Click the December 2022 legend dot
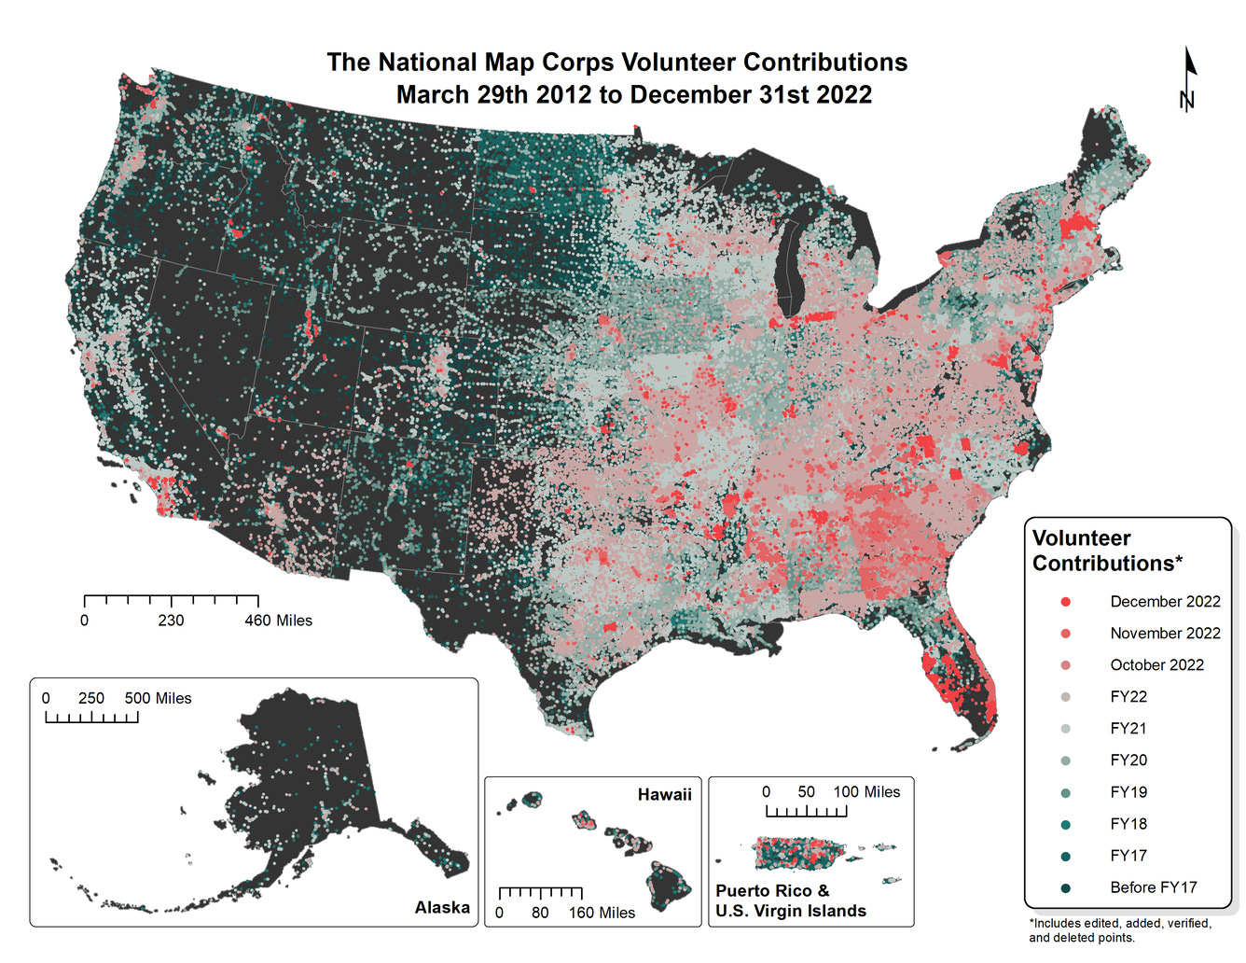(1065, 602)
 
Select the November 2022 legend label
(1165, 634)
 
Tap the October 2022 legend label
(1156, 665)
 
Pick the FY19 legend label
(1128, 792)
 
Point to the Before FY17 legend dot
(1065, 887)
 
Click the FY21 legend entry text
(1128, 729)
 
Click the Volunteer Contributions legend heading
(1107, 551)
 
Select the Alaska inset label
(442, 907)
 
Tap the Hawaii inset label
(664, 795)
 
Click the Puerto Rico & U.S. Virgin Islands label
(790, 901)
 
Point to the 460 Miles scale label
(278, 621)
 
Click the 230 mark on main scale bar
(171, 621)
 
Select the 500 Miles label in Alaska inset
(158, 698)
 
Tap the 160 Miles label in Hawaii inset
(602, 913)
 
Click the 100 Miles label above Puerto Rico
(866, 792)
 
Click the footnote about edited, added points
(1119, 930)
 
